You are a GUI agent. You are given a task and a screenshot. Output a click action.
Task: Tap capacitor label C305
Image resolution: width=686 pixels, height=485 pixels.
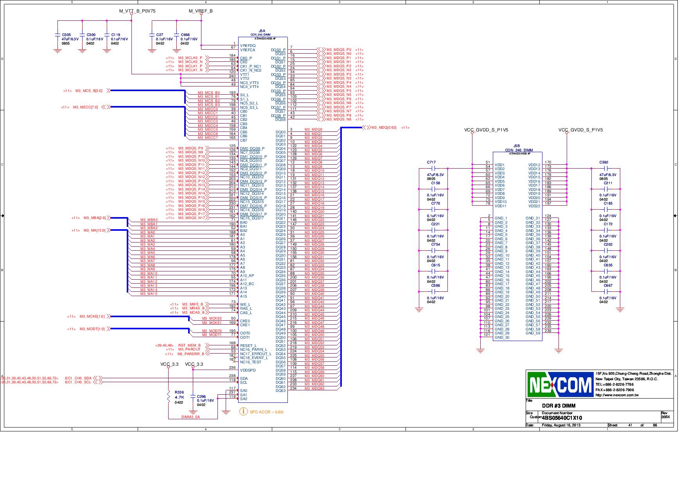(66, 35)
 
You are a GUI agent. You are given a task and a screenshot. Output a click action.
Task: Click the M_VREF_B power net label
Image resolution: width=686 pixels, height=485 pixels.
(201, 11)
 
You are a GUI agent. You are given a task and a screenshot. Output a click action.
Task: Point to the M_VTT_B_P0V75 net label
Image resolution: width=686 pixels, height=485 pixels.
(137, 11)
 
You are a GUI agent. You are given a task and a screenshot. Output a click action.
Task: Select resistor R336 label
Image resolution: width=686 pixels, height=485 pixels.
(179, 392)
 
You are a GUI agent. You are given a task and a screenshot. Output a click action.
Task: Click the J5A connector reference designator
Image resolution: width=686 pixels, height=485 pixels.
(262, 31)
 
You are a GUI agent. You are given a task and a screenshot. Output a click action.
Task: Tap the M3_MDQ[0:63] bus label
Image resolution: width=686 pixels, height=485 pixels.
(384, 128)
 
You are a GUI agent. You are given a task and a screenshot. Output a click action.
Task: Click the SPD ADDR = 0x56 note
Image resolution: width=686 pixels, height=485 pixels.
(266, 412)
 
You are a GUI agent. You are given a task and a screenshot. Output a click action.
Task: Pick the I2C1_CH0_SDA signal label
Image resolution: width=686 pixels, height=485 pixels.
(78, 378)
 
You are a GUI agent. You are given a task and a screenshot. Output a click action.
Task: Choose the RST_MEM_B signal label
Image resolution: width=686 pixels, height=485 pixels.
(189, 345)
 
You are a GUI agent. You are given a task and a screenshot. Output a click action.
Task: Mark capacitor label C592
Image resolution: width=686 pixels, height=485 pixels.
(603, 162)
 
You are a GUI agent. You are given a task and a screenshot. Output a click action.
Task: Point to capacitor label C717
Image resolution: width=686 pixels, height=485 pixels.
(431, 162)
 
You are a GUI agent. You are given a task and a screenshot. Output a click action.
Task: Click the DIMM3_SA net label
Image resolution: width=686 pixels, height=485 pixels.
(191, 417)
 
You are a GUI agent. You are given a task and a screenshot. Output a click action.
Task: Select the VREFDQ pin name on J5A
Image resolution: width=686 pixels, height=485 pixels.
(248, 46)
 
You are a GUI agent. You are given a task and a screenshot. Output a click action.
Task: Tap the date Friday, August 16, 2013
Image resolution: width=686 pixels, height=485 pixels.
(561, 425)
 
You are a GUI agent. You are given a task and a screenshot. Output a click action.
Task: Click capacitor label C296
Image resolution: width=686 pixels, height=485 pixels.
(201, 397)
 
